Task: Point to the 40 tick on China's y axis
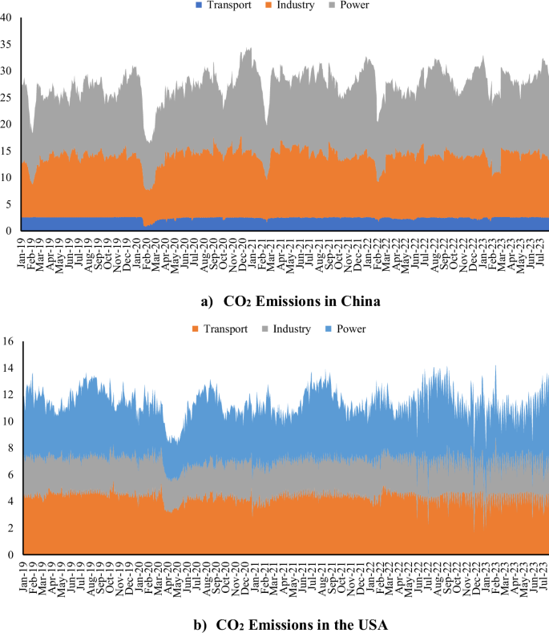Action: coord(7,18)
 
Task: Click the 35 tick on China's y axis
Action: coord(7,44)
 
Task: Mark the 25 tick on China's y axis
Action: coord(7,98)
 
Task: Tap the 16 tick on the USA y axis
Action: coord(7,341)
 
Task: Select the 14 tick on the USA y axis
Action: coord(7,368)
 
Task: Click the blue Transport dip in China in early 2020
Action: coord(147,224)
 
